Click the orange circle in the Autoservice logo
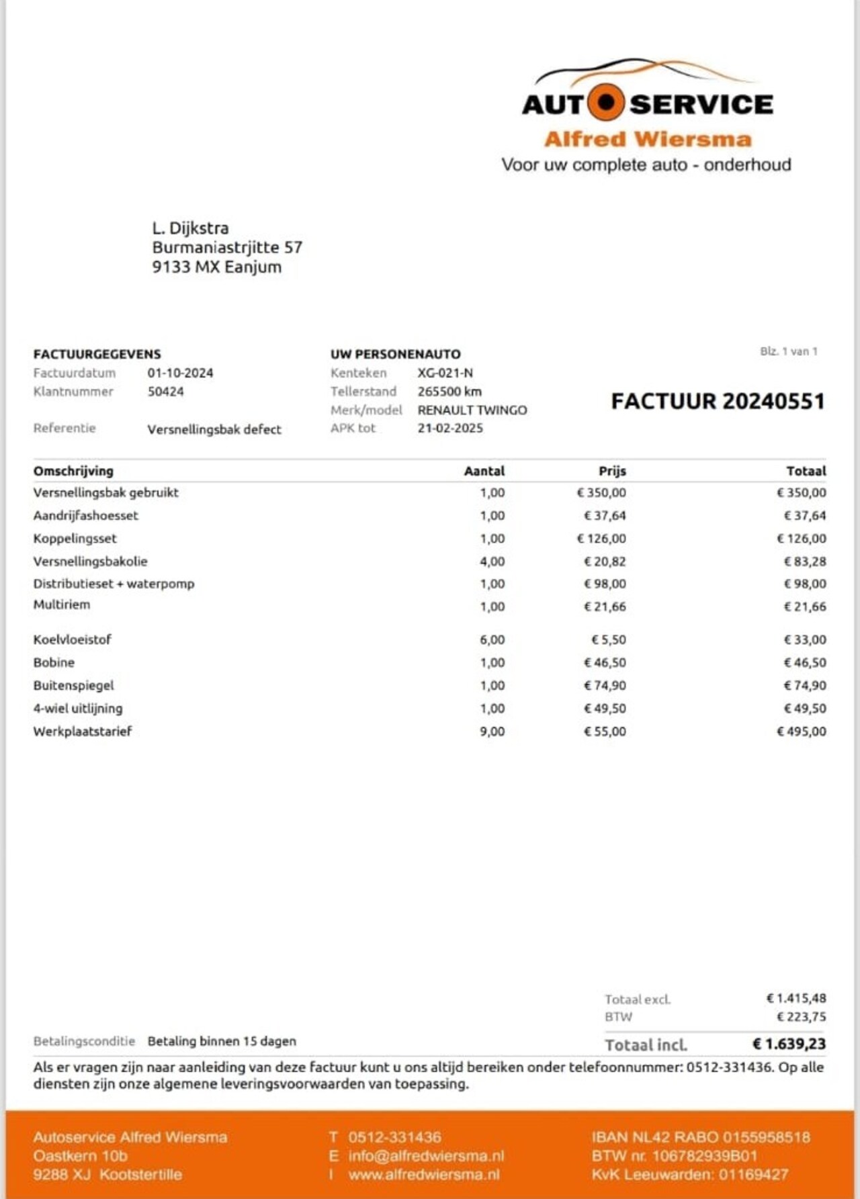(607, 102)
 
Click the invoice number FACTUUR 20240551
(718, 401)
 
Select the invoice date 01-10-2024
(180, 373)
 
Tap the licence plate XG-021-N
(445, 373)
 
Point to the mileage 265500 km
(449, 391)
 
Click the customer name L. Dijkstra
(190, 228)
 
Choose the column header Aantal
(484, 471)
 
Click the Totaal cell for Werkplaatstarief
(802, 731)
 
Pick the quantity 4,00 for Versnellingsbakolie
(492, 561)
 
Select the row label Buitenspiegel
(74, 685)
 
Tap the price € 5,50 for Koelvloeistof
(608, 639)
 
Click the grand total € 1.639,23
(789, 1044)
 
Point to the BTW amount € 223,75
(801, 1016)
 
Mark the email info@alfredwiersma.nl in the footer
(426, 1156)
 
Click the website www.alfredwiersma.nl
(424, 1175)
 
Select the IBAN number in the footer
(701, 1137)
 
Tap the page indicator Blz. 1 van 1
(789, 351)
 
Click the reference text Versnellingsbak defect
(214, 429)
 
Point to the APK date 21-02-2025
(450, 428)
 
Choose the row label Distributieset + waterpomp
(114, 584)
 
